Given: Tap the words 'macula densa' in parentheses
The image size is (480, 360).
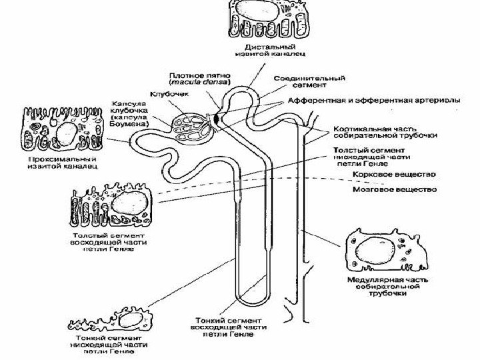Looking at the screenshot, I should tap(193, 83).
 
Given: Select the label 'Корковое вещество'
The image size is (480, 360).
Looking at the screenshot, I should tap(395, 175).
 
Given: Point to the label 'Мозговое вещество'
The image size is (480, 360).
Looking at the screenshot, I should tap(395, 190).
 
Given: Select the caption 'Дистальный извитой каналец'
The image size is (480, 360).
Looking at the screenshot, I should tap(266, 50).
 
